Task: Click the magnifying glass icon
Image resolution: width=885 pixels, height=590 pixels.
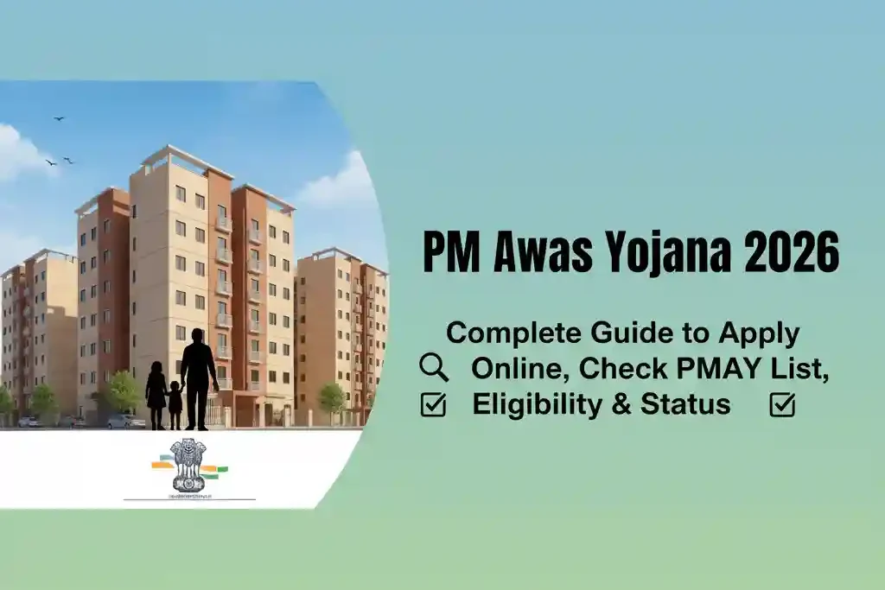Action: tap(434, 368)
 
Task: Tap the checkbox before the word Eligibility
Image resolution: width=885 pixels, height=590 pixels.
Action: tap(433, 404)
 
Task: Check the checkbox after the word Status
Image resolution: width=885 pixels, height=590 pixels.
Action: tap(781, 404)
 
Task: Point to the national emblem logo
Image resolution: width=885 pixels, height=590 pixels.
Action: tap(188, 466)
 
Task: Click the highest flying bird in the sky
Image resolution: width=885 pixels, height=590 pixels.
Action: tap(59, 117)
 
